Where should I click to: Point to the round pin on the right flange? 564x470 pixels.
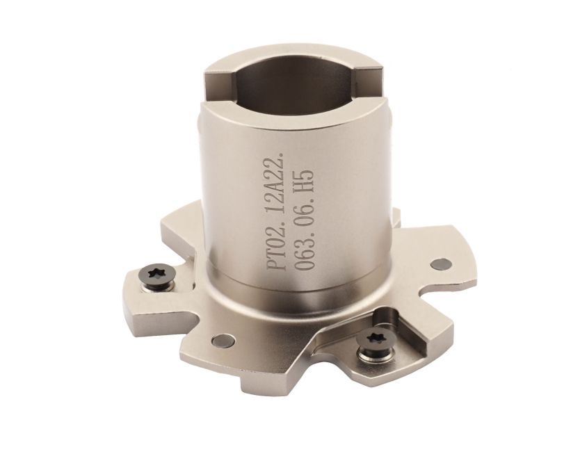tap(441, 264)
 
